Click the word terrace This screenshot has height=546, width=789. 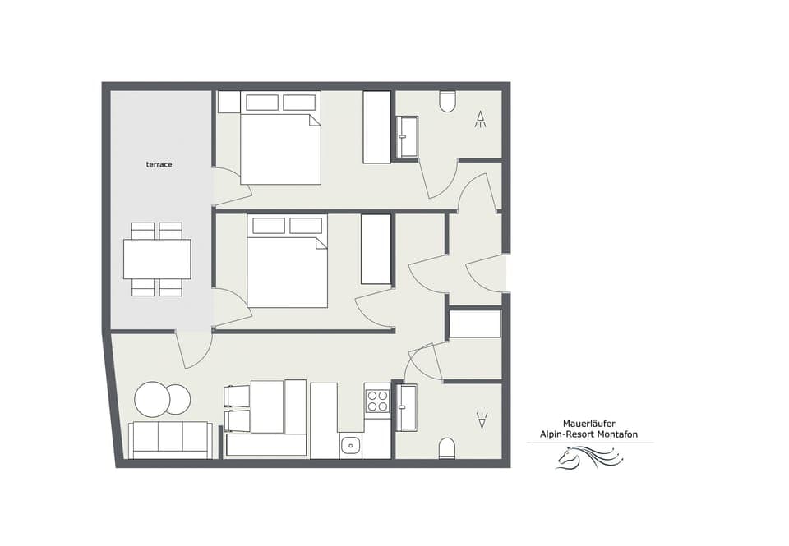pos(159,165)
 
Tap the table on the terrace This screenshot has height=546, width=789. pos(157,259)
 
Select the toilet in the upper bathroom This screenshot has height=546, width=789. pos(448,101)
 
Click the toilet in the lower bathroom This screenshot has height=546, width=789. pos(447,447)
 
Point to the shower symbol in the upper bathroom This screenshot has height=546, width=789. pos(481,120)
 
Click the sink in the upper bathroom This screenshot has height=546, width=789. pos(408,136)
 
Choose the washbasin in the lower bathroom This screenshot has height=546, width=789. pos(407,407)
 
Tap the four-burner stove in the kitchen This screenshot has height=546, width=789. pos(377,401)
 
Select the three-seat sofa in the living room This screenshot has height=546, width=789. pos(170,440)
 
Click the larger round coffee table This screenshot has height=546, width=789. pos(152,400)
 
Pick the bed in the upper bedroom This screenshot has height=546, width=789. pos(280,148)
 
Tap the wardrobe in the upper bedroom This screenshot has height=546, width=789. pos(377,127)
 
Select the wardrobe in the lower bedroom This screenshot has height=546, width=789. pos(376,250)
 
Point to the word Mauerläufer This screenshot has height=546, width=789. pos(590,424)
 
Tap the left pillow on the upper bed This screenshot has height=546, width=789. pos(262,103)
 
